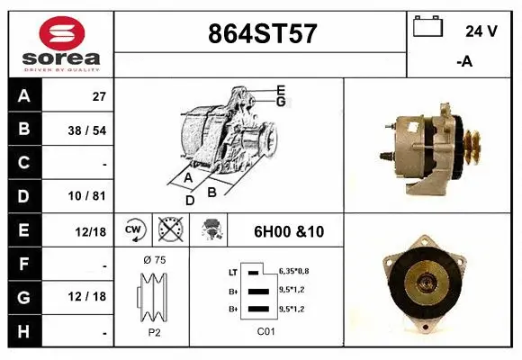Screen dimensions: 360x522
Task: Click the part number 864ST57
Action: tap(262, 33)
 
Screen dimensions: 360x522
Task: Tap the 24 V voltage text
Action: tap(481, 31)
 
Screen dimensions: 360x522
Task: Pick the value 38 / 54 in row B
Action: tap(87, 130)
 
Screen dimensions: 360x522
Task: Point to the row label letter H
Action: tap(24, 332)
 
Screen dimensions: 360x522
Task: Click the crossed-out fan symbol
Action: tap(169, 231)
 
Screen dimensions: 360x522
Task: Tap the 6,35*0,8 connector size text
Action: tap(295, 271)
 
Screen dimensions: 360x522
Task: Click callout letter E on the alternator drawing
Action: tap(281, 89)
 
